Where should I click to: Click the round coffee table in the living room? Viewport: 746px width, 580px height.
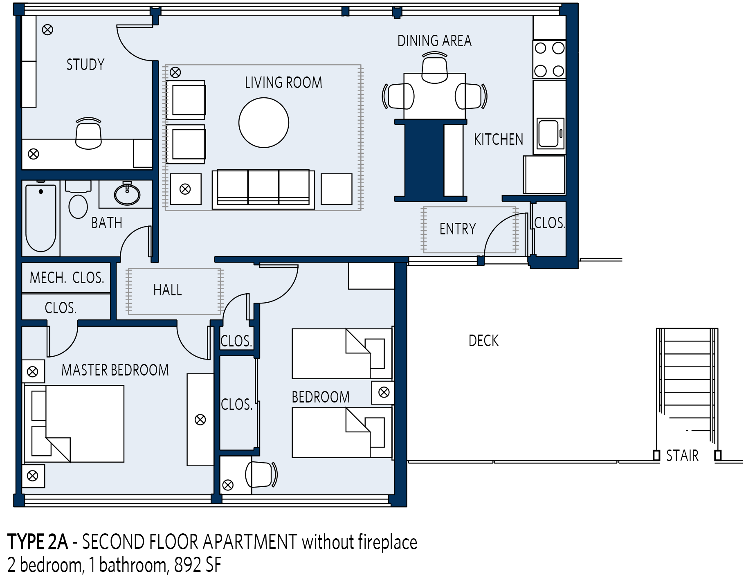point(264,122)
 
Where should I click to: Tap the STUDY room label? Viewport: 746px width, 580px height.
point(85,65)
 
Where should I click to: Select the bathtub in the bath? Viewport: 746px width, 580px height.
point(41,218)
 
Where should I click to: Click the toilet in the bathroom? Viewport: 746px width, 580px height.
point(78,200)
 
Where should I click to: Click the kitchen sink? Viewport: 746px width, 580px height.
point(550,133)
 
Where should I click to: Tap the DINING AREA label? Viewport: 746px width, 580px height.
point(434,41)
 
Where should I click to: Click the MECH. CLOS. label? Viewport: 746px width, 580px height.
point(67,278)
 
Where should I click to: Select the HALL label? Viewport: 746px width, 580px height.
point(168,290)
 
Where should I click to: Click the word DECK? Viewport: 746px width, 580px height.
point(483,341)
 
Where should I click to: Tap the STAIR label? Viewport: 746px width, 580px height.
point(682,456)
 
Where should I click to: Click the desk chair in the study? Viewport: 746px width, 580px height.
point(88,133)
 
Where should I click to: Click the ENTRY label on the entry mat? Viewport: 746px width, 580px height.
point(458,229)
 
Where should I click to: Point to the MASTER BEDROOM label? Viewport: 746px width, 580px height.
point(115,370)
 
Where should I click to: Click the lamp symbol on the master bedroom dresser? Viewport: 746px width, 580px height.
point(200,420)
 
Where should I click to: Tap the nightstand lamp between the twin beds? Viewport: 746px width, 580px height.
point(384,392)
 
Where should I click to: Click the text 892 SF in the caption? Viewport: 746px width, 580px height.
point(198,565)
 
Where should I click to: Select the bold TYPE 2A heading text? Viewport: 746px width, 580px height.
point(38,542)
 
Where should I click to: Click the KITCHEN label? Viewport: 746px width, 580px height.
point(499,139)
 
